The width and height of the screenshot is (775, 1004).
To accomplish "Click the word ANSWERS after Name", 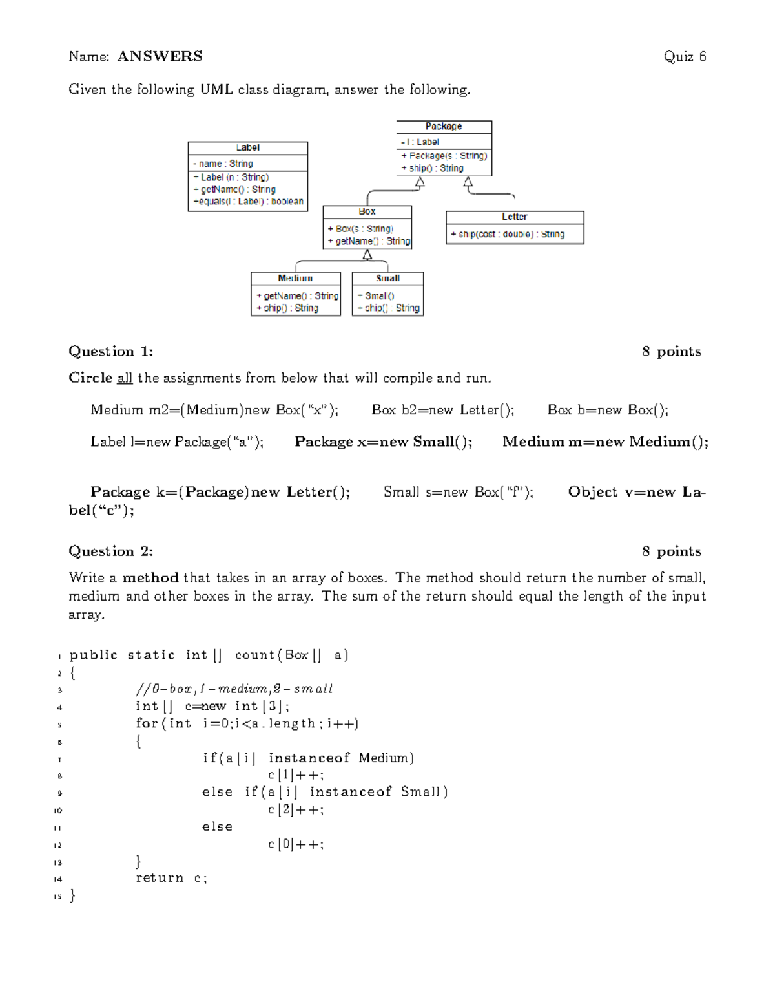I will [x=160, y=57].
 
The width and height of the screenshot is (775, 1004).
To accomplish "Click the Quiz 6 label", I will [x=685, y=57].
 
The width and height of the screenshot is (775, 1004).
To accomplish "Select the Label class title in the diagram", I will [x=247, y=148].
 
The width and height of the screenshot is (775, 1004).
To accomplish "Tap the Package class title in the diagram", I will [x=444, y=127].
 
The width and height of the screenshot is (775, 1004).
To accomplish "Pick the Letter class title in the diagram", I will [x=515, y=217].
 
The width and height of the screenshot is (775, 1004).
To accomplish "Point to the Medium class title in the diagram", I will [x=295, y=279].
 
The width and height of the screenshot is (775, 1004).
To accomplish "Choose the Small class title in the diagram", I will [x=387, y=279].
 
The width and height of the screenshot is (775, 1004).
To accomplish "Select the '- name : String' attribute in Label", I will [x=223, y=164].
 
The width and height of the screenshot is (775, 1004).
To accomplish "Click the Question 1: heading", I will [x=111, y=352].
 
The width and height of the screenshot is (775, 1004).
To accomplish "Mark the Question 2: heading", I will [x=111, y=551].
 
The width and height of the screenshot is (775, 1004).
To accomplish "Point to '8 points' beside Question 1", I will [x=671, y=352].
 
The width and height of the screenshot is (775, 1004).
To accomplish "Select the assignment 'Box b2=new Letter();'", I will [x=443, y=410].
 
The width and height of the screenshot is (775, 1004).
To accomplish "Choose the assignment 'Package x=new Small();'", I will [x=384, y=442].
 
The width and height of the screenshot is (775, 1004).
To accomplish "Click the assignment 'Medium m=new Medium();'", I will [x=605, y=442].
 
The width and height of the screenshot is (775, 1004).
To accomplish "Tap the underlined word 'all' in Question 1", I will [x=125, y=378].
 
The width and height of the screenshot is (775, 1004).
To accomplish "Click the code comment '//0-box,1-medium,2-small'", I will [x=234, y=689].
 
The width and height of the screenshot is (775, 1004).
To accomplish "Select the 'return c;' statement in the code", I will [x=171, y=878].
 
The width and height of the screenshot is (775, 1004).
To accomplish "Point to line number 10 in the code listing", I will [x=58, y=811].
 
